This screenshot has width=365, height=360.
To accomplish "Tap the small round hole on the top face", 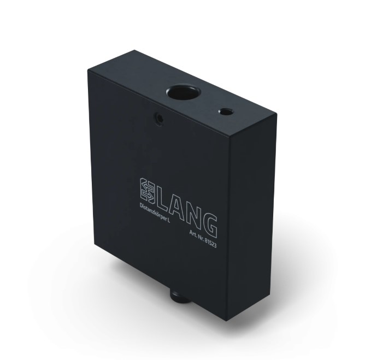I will pyautogui.click(x=226, y=111).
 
